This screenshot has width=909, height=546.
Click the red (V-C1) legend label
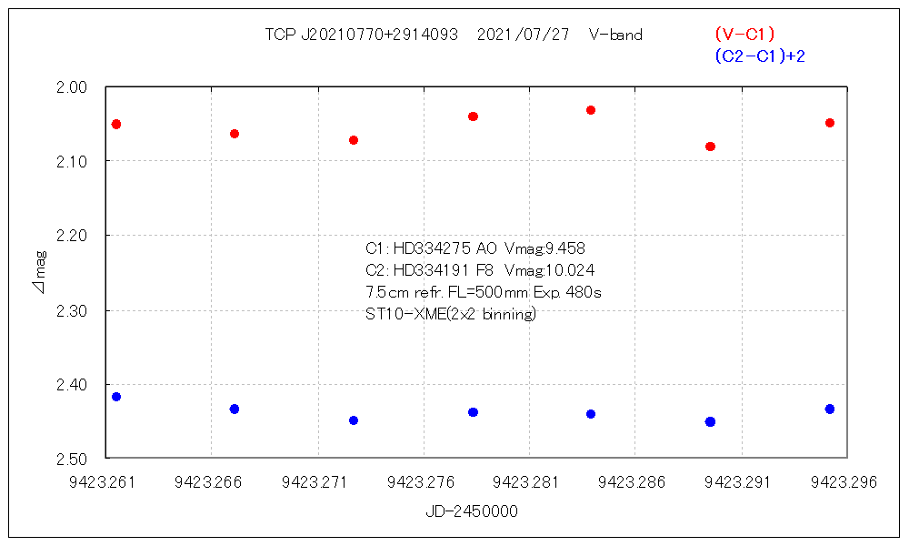click(744, 35)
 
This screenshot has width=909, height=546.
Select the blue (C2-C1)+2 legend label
click(760, 56)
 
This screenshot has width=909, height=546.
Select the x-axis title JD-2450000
click(471, 511)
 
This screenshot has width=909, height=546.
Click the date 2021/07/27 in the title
click(523, 35)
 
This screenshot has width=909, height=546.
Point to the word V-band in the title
click(615, 35)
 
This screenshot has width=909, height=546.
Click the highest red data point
click(591, 110)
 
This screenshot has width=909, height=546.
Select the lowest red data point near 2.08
click(710, 147)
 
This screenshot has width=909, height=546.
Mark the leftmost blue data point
click(116, 397)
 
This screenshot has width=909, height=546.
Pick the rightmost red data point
click(830, 123)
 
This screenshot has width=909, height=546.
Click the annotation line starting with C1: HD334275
click(481, 248)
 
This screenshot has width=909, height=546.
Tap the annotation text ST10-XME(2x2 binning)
click(450, 315)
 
